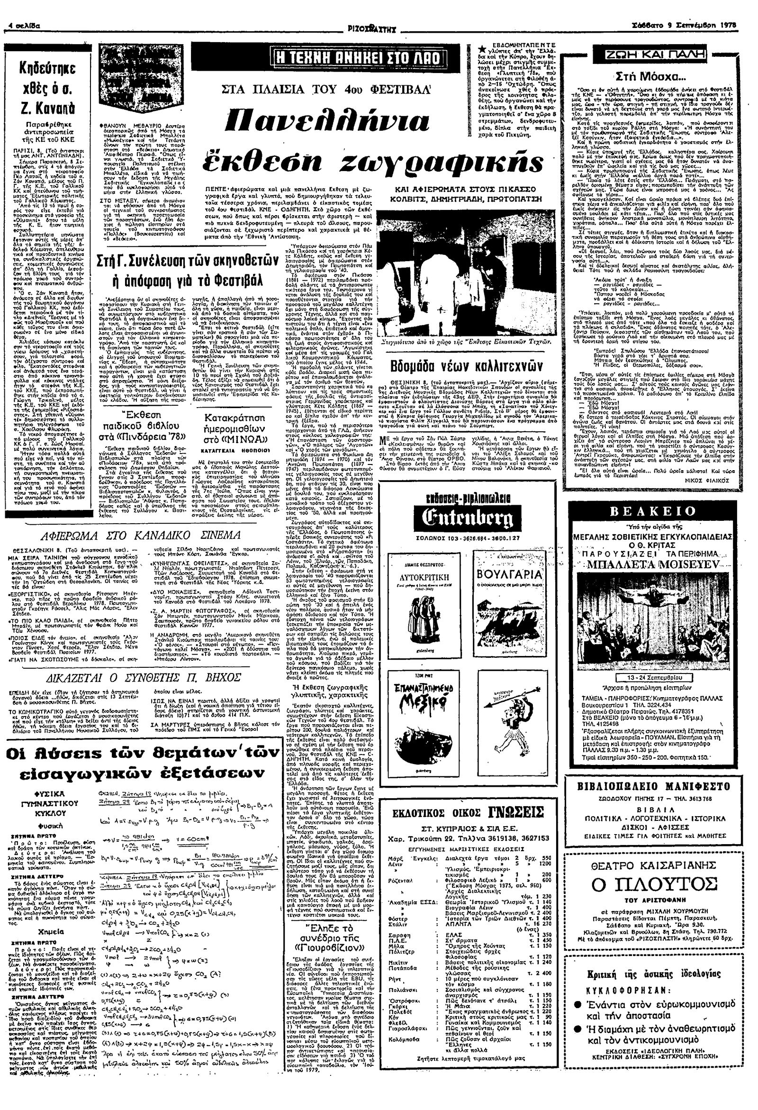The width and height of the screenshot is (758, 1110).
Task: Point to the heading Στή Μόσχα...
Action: (x=649, y=75)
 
